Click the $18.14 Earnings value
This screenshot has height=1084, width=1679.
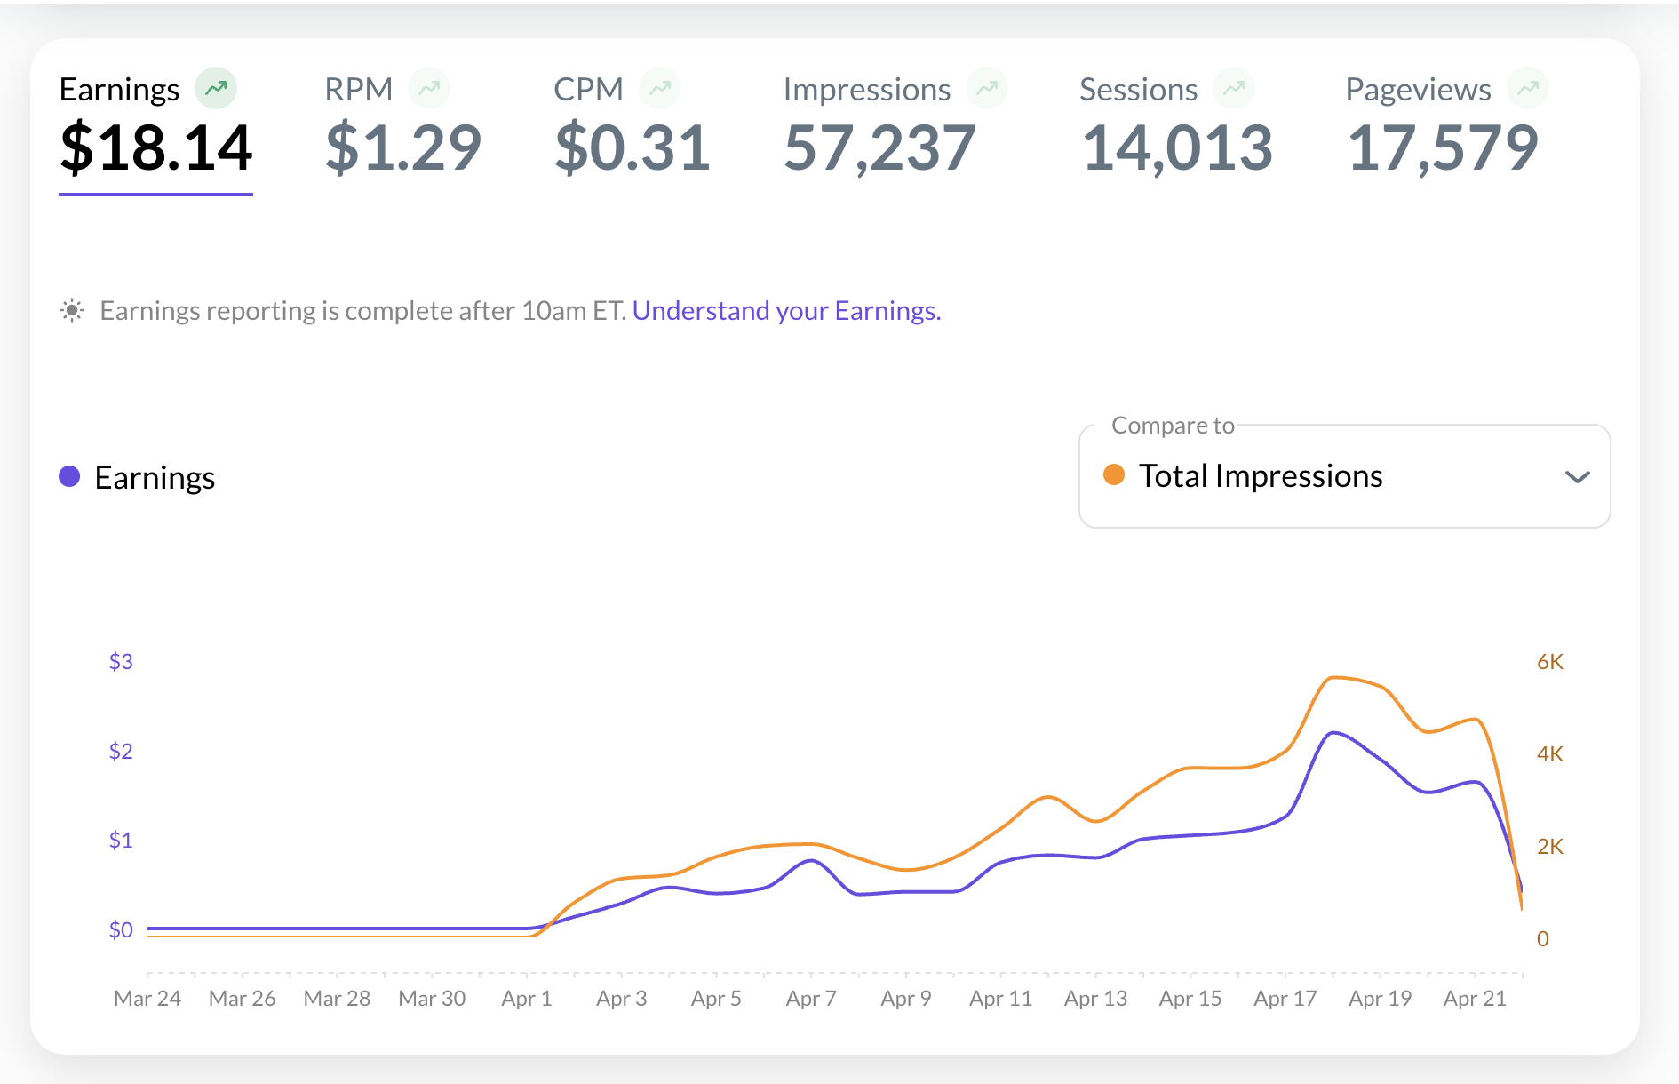156,147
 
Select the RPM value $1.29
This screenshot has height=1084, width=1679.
403,147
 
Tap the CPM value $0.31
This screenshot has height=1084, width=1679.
632,147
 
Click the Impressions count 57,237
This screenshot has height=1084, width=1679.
879,147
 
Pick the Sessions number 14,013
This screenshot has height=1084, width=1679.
1177,147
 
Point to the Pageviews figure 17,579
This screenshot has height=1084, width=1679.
1443,147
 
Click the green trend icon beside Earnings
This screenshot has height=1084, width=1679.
216,88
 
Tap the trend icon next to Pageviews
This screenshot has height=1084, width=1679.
1528,88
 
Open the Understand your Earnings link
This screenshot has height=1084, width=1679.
786,311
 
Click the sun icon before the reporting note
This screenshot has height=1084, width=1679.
72,310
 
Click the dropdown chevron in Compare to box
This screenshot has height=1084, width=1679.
1577,477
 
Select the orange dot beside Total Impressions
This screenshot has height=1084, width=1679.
1114,475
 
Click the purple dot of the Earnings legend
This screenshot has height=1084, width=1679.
69,477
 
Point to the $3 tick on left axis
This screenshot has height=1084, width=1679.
121,661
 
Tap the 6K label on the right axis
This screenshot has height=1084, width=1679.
1550,661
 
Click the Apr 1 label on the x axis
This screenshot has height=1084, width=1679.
527,999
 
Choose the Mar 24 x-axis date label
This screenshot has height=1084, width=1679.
147,999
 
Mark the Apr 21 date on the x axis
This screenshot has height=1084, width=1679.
1475,999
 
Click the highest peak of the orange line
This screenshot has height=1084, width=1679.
1333,678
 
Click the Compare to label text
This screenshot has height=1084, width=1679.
1173,426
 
